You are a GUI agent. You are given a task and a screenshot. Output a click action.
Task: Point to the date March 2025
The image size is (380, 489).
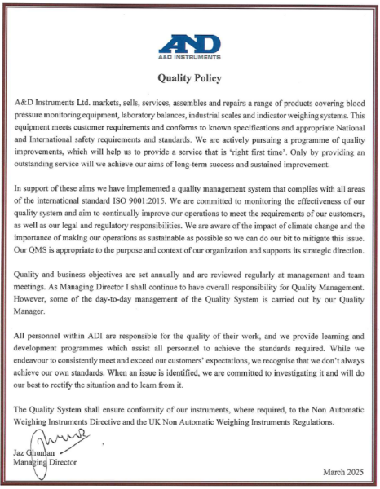coord(344,472)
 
